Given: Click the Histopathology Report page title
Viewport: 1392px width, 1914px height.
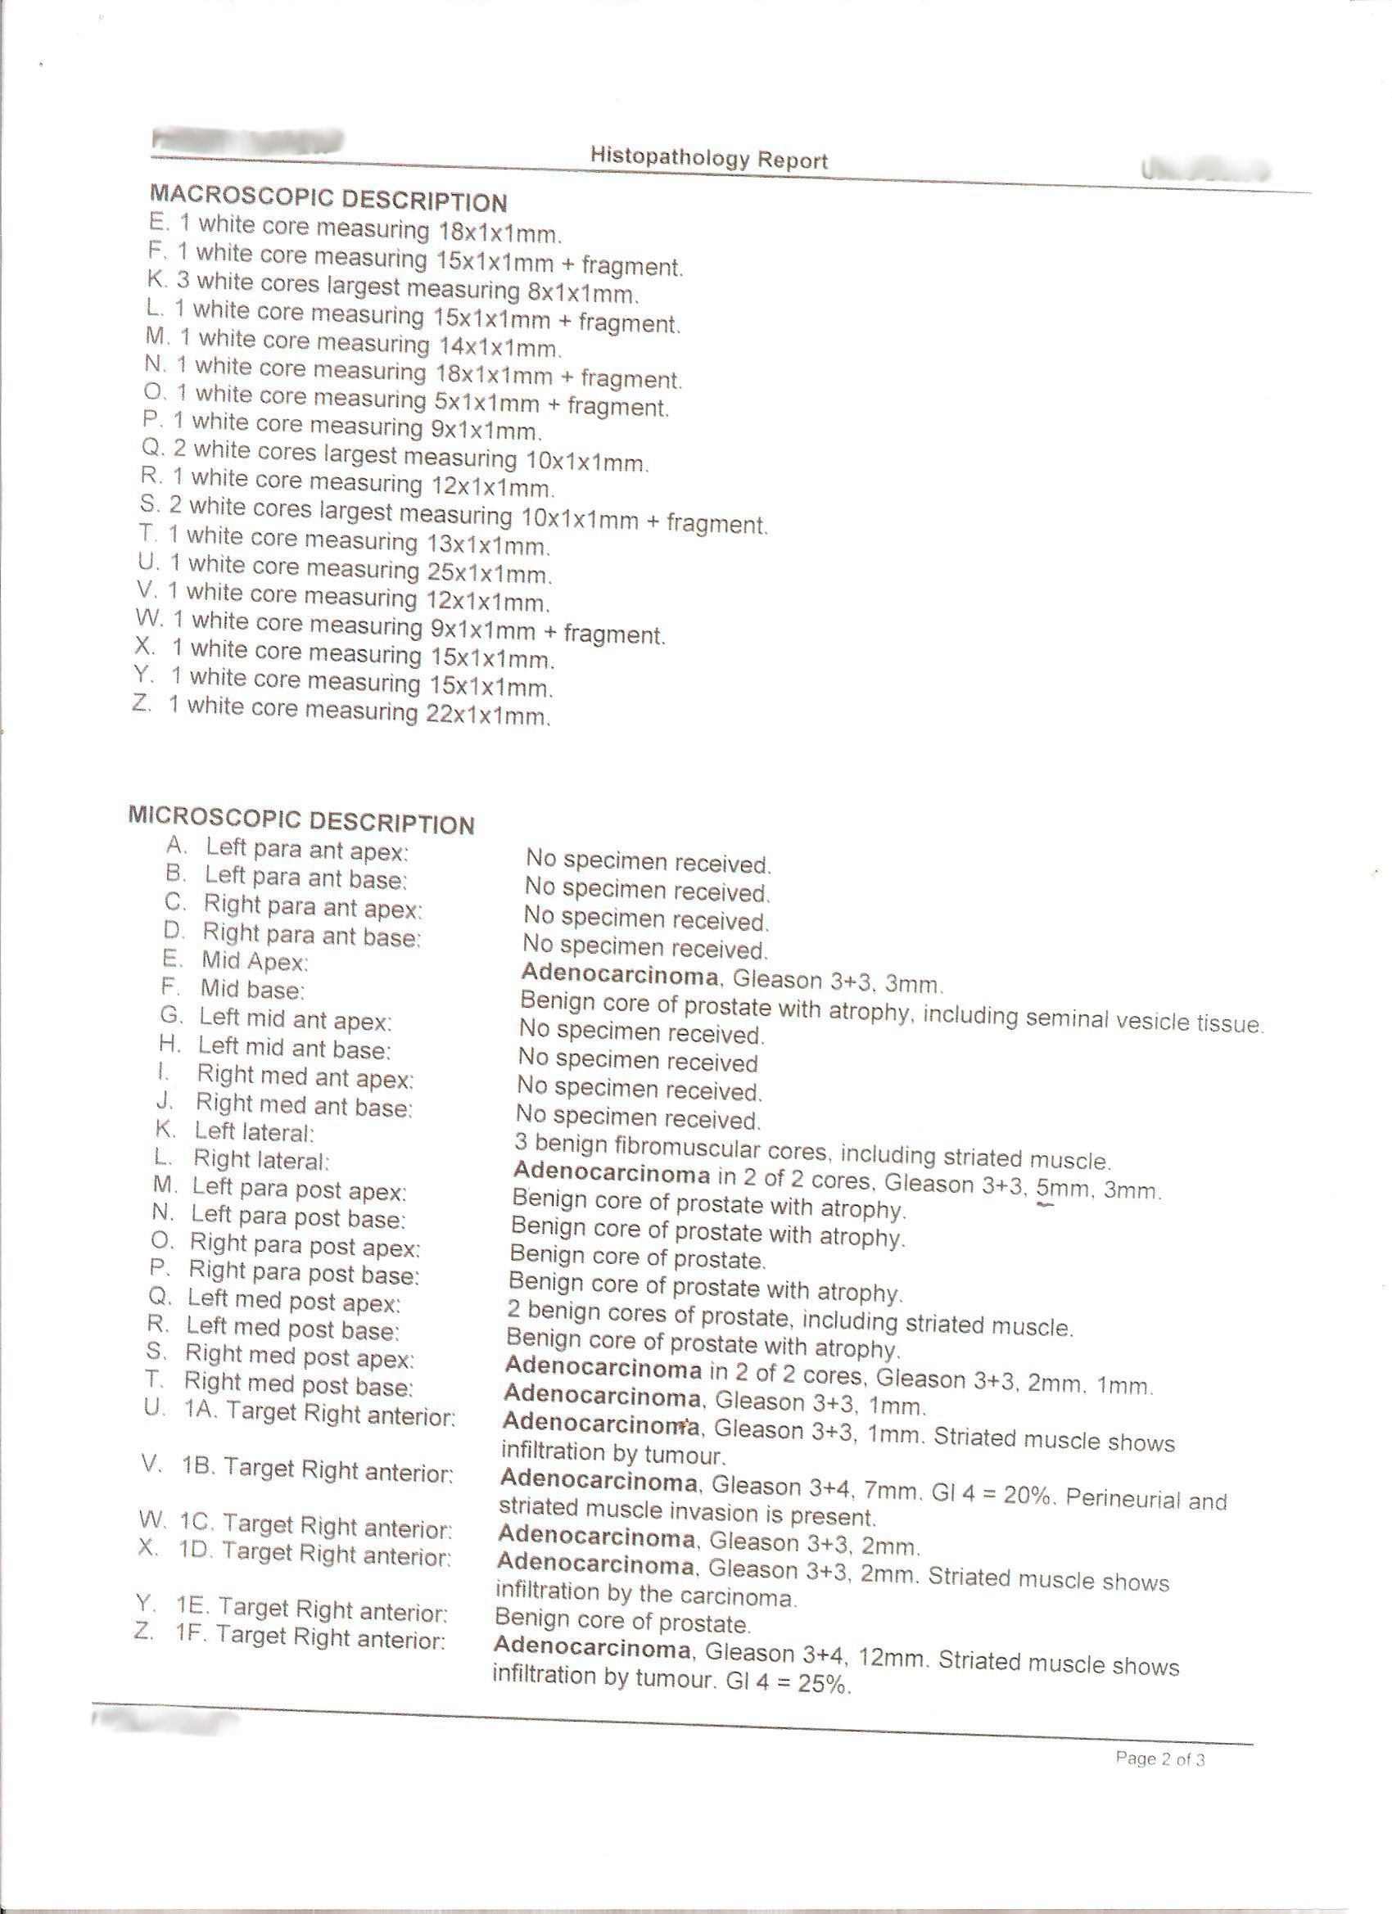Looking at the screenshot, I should pyautogui.click(x=708, y=158).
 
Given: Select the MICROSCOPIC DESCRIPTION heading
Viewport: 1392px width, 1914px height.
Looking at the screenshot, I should pyautogui.click(x=301, y=820).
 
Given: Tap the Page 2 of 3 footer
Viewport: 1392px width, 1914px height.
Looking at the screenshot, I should pyautogui.click(x=1159, y=1758).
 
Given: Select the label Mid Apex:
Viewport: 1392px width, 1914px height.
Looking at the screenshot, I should pyautogui.click(x=255, y=961).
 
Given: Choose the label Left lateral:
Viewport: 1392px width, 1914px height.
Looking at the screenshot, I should pyautogui.click(x=254, y=1131).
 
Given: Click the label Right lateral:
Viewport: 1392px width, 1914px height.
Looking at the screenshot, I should pyautogui.click(x=261, y=1160).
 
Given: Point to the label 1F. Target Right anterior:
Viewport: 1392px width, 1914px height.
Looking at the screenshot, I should pyautogui.click(x=310, y=1637).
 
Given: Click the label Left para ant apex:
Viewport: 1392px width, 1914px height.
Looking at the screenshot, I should pyautogui.click(x=306, y=849).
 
